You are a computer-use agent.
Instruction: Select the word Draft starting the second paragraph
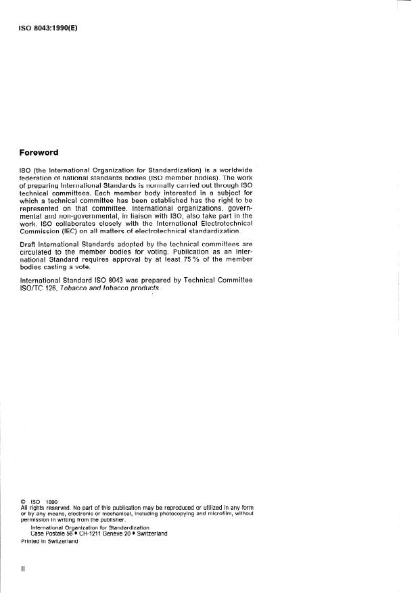[x=30, y=243]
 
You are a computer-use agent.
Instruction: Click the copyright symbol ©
[x=24, y=502]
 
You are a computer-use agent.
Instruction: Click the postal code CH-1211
[x=95, y=533]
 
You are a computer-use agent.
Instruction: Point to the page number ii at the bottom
[x=23, y=569]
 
